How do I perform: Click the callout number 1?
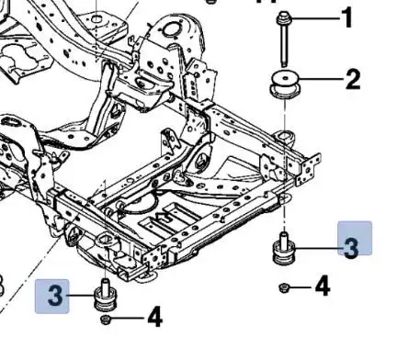pyautogui.click(x=347, y=18)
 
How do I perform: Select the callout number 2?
pyautogui.click(x=353, y=80)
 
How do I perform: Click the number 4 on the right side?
pyautogui.click(x=323, y=287)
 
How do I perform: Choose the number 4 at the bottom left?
pyautogui.click(x=155, y=317)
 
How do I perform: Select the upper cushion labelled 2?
pyautogui.click(x=285, y=84)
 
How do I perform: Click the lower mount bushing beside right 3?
pyautogui.click(x=284, y=249)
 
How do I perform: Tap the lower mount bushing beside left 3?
pyautogui.click(x=105, y=295)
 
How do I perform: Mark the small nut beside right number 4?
pyautogui.click(x=284, y=287)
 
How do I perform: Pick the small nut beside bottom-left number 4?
pyautogui.click(x=105, y=320)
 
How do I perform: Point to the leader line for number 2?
pyautogui.click(x=321, y=80)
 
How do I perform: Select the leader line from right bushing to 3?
pyautogui.click(x=318, y=247)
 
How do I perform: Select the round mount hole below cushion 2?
pyautogui.click(x=285, y=135)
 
